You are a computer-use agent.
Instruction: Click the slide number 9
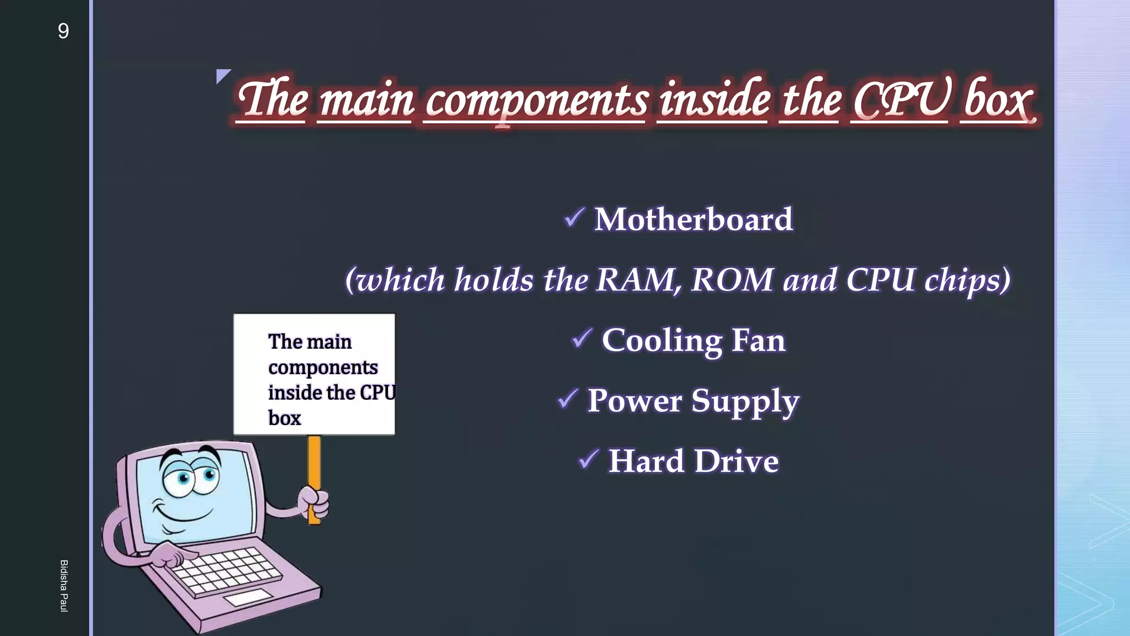coord(63,31)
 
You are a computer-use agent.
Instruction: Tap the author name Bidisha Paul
coord(64,586)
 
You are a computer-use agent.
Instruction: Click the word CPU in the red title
coord(900,100)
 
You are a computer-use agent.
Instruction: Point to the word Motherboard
coord(694,219)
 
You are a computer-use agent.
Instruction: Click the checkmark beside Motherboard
coord(574,217)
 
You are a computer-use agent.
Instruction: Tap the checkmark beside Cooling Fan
coord(582,338)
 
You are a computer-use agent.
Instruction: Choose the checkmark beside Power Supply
coord(568,398)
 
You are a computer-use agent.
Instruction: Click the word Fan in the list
coord(758,340)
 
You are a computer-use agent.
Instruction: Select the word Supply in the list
coord(745,402)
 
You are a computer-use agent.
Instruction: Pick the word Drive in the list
coord(737,461)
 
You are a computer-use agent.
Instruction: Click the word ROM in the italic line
coord(732,280)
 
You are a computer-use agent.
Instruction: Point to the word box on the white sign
coord(285,418)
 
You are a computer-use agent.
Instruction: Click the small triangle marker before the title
coord(222,75)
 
